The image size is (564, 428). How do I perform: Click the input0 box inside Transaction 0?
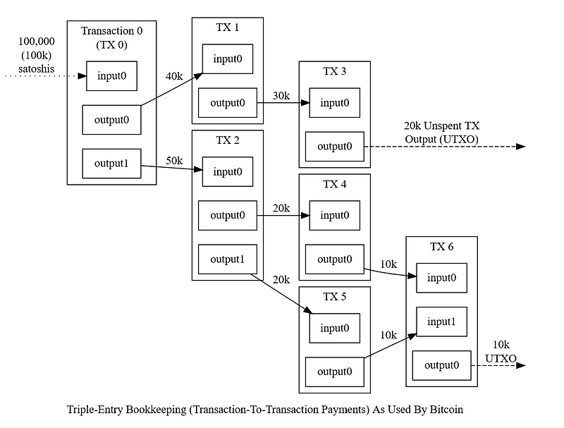point(111,76)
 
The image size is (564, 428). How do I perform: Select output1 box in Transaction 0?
point(111,164)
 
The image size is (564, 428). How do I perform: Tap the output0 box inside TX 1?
point(227,103)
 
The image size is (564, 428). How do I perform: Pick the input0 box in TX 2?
point(227,172)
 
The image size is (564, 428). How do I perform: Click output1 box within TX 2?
point(227,259)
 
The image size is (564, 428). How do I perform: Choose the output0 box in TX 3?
point(334,147)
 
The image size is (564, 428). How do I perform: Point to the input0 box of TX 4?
point(334,215)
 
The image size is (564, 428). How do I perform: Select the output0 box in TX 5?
point(334,372)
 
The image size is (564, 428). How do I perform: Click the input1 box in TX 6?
point(441,322)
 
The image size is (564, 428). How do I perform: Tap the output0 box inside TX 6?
point(441,365)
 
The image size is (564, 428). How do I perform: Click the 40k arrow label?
point(174,76)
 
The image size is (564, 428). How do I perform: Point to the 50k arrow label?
point(174,161)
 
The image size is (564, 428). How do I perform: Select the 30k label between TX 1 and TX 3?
point(281,96)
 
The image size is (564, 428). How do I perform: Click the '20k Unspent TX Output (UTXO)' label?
point(441,132)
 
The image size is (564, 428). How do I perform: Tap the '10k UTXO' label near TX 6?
point(501,352)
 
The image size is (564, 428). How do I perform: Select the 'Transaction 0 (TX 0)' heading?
point(111,36)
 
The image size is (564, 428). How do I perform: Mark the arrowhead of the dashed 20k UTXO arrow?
point(520,147)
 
